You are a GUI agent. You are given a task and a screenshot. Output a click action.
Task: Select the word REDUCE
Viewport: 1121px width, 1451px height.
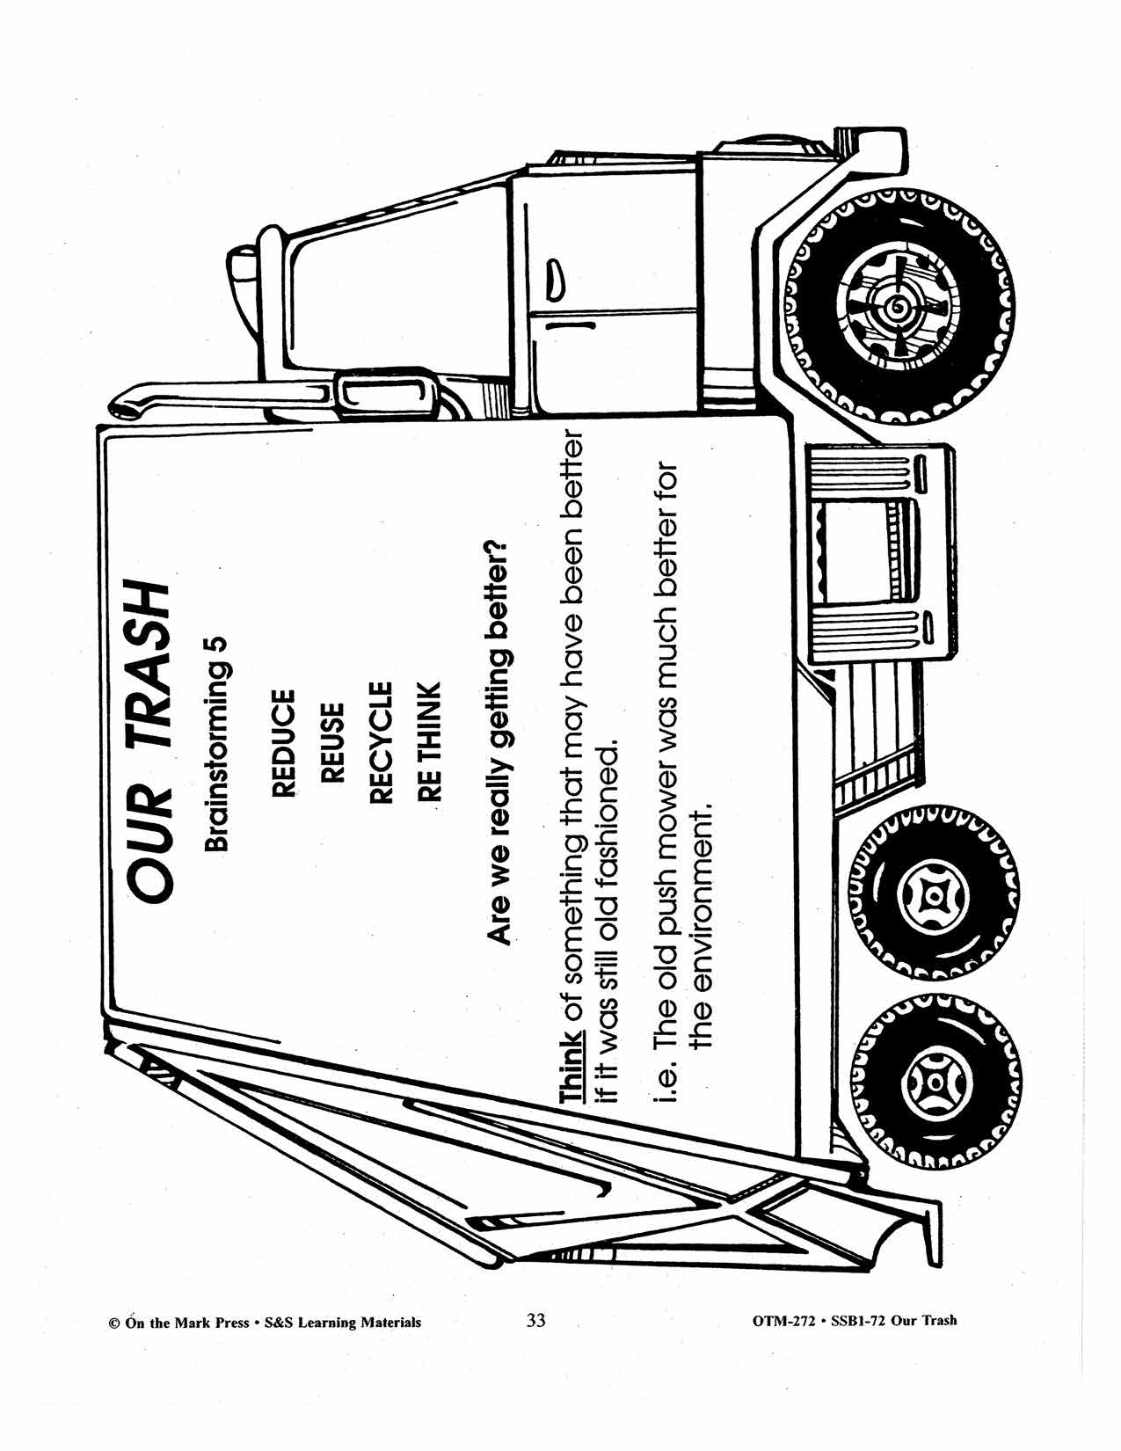(x=283, y=744)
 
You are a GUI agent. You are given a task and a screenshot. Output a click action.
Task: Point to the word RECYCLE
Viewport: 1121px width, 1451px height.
(x=380, y=742)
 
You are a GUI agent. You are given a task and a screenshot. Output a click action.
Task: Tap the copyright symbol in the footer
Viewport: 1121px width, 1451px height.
(x=113, y=1322)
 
